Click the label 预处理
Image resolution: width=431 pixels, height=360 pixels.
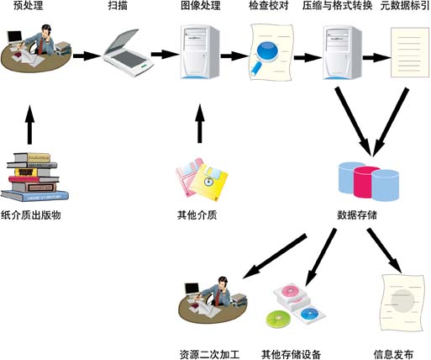click(x=29, y=8)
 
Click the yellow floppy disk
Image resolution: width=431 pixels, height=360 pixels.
click(x=208, y=181)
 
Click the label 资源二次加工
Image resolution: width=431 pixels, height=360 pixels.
click(x=209, y=353)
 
